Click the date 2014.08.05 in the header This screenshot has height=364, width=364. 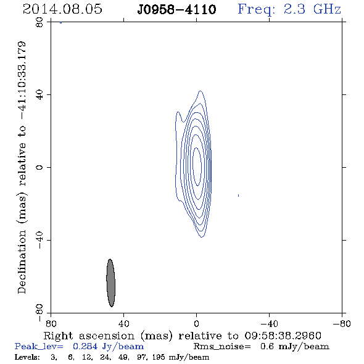pyautogui.click(x=62, y=9)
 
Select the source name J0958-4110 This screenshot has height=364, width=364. pyautogui.click(x=176, y=9)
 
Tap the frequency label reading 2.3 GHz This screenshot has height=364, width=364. pyautogui.click(x=312, y=9)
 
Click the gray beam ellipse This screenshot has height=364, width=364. pyautogui.click(x=110, y=283)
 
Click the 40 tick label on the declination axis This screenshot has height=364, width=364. pyautogui.click(x=39, y=95)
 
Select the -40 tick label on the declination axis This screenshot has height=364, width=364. pyautogui.click(x=39, y=240)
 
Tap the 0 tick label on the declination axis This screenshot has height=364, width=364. pyautogui.click(x=39, y=167)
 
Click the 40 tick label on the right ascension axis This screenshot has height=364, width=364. pyautogui.click(x=123, y=324)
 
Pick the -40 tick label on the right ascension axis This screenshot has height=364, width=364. pyautogui.click(x=269, y=324)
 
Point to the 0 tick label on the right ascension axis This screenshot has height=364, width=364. pyautogui.click(x=196, y=324)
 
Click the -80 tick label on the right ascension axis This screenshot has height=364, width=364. pyautogui.click(x=342, y=324)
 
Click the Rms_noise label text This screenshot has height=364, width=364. pyautogui.click(x=222, y=346)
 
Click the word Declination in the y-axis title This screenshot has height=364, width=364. pyautogui.click(x=22, y=262)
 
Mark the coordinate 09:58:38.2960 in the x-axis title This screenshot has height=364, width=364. pyautogui.click(x=283, y=336)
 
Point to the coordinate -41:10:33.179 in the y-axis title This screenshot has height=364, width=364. pyautogui.click(x=22, y=81)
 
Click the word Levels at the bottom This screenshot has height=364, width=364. pyautogui.click(x=27, y=357)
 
